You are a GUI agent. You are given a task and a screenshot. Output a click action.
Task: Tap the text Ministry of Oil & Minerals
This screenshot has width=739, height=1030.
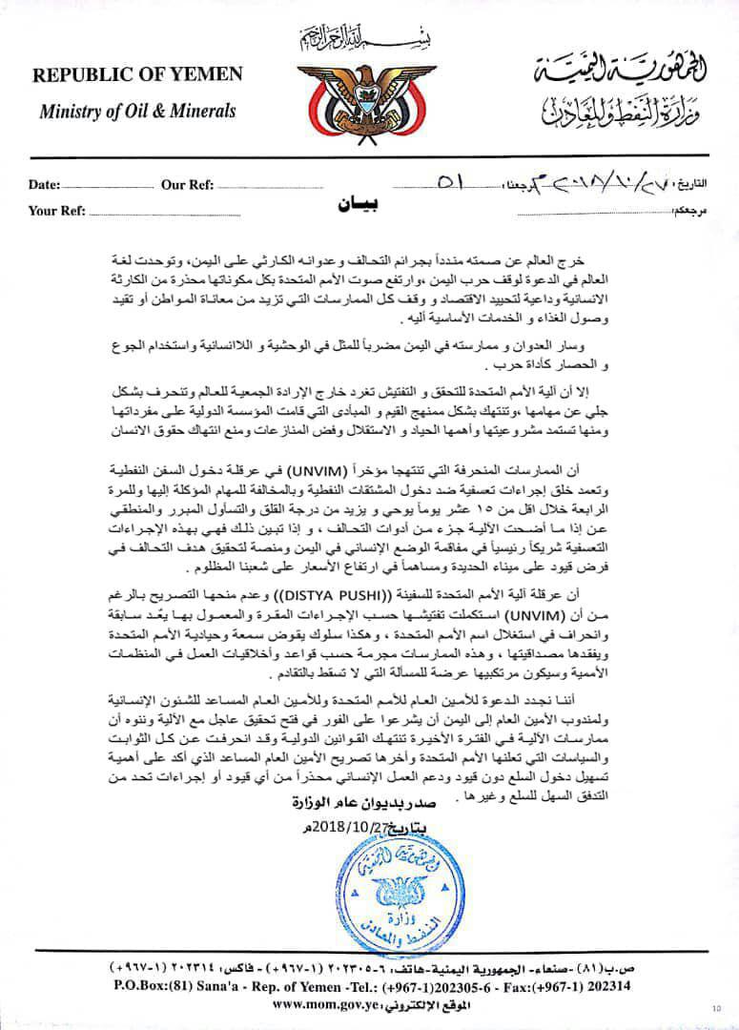137,111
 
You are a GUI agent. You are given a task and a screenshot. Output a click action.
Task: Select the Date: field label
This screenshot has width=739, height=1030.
45,185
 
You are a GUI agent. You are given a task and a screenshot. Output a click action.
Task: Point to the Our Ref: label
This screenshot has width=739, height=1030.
187,185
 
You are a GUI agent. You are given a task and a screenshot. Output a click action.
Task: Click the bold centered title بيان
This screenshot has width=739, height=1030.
358,204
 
